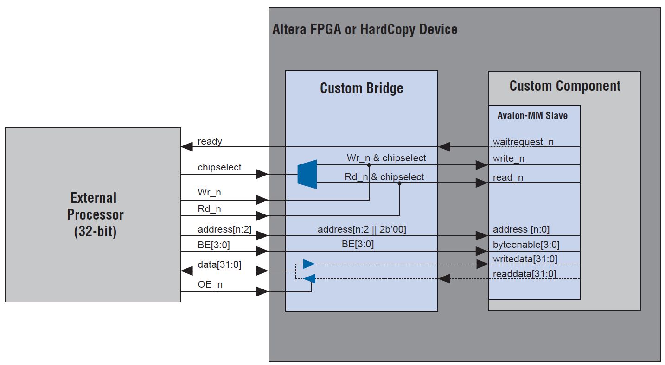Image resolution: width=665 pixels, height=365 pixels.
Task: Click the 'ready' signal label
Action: click(x=210, y=142)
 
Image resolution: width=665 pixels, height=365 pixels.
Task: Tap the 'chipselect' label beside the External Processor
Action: click(x=219, y=167)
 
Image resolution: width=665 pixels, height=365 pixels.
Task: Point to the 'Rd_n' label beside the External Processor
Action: click(x=209, y=209)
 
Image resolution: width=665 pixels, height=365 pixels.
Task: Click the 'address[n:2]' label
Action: click(x=224, y=229)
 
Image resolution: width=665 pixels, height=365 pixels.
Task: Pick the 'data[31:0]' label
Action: click(x=219, y=265)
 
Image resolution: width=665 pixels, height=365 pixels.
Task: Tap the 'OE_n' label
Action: click(x=210, y=284)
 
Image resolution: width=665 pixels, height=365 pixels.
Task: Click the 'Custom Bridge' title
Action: click(x=361, y=88)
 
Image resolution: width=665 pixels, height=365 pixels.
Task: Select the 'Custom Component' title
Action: click(x=564, y=86)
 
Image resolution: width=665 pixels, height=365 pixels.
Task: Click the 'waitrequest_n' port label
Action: click(x=523, y=142)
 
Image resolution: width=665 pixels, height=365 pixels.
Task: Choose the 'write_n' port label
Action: click(x=508, y=159)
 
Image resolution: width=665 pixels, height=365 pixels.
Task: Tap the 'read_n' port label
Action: click(x=508, y=177)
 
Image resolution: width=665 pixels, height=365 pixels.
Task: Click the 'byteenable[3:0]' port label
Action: click(x=526, y=245)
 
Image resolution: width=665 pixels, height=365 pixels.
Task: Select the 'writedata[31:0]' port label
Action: click(x=525, y=259)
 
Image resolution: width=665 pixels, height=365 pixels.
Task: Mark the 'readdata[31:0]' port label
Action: click(x=524, y=274)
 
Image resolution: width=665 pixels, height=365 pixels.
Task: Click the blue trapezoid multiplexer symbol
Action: click(x=307, y=174)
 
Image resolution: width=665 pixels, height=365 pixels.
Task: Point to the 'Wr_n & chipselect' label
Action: click(x=386, y=158)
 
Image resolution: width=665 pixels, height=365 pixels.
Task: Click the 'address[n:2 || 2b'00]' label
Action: click(x=362, y=229)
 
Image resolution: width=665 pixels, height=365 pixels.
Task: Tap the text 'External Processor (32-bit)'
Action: click(x=95, y=214)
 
